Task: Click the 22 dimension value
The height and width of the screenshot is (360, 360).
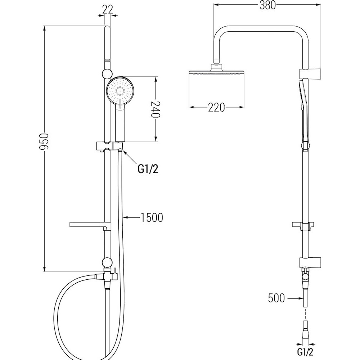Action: click(108, 9)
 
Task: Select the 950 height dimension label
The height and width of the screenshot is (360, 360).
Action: click(44, 141)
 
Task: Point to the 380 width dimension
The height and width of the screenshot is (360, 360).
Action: click(267, 5)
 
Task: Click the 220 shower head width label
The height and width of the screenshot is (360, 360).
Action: click(216, 107)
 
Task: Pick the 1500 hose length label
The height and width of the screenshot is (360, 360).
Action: click(152, 217)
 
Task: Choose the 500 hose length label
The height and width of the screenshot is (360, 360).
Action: click(276, 298)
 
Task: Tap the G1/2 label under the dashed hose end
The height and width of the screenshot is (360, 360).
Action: click(305, 351)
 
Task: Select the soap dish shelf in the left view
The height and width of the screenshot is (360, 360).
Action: click(90, 225)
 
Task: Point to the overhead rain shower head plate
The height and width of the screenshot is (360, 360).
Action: click(216, 72)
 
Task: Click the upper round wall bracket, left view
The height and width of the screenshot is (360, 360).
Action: click(107, 74)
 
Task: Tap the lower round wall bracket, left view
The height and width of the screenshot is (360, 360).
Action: click(107, 262)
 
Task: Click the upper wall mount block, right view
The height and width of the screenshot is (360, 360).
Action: click(310, 73)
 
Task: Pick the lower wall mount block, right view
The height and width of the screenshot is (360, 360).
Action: click(310, 263)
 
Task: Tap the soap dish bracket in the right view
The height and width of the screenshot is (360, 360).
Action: click(303, 226)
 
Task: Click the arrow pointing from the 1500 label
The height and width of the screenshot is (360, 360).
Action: click(131, 217)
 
